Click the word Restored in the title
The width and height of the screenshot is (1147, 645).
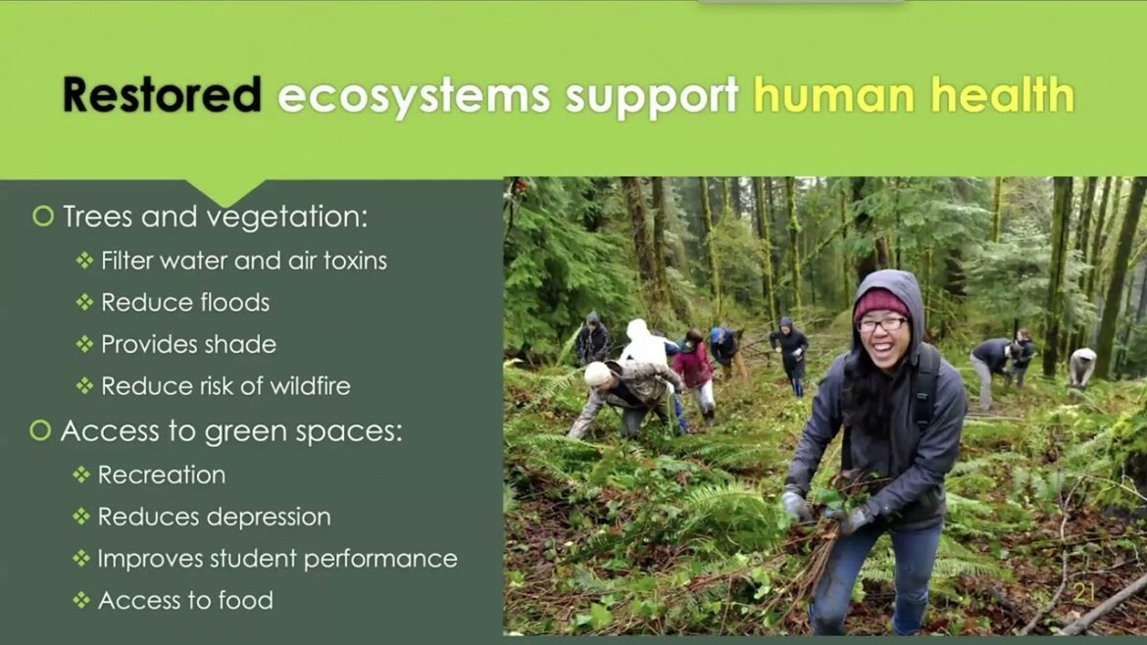(x=162, y=95)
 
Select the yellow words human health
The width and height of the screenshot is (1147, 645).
(x=913, y=95)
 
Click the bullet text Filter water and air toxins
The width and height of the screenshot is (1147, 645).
(x=244, y=261)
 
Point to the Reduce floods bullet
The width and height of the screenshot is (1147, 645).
(x=185, y=303)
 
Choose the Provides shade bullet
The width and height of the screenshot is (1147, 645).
(x=188, y=345)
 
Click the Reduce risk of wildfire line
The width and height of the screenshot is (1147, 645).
(x=225, y=386)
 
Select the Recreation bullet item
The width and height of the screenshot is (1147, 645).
(x=162, y=474)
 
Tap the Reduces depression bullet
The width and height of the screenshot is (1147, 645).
(x=215, y=517)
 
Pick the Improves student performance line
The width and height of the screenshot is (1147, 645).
(x=277, y=559)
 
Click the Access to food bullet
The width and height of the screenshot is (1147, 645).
(x=185, y=600)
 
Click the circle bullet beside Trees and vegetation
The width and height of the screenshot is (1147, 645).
(x=42, y=217)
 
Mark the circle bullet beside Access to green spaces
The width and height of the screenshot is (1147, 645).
(x=40, y=431)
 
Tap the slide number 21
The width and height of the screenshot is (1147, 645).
(x=1083, y=592)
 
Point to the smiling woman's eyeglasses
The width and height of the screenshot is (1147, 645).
(x=881, y=324)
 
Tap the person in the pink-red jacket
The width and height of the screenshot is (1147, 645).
(x=694, y=367)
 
